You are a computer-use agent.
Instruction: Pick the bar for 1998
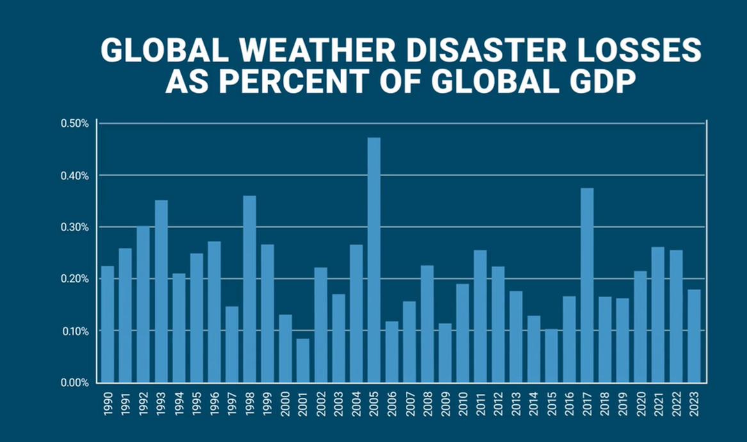(x=250, y=289)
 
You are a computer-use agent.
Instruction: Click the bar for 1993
(x=161, y=291)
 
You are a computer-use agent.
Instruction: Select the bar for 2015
(x=552, y=356)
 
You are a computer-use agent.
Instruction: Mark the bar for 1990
(x=108, y=324)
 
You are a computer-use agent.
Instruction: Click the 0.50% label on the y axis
(x=75, y=123)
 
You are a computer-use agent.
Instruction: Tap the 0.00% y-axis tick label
(x=75, y=383)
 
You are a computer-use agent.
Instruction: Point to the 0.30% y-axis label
(x=75, y=227)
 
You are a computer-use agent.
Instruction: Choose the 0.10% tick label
(x=75, y=331)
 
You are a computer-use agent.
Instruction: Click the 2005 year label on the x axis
(x=374, y=404)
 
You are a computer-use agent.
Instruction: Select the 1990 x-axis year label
(x=108, y=404)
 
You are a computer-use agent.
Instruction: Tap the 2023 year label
(x=694, y=404)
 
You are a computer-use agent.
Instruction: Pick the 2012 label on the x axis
(x=499, y=404)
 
